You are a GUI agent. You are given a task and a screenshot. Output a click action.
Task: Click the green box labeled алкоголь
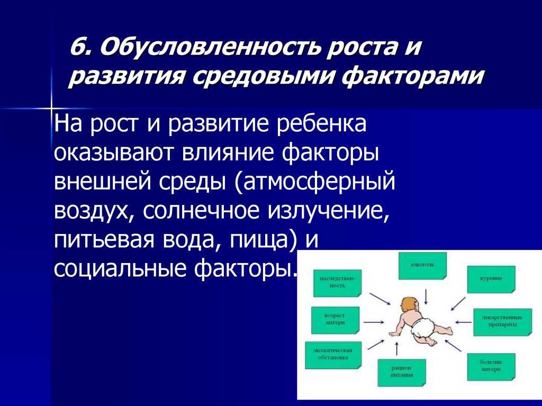coord(422,265)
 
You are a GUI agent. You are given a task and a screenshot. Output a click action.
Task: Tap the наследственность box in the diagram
coord(337,281)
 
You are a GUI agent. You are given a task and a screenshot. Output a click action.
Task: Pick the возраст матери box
coord(335,319)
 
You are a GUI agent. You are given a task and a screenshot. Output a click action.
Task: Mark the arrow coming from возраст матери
coord(374,321)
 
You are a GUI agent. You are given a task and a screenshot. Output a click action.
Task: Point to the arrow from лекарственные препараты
coord(463,321)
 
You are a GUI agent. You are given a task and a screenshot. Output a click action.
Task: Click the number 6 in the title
coord(78,51)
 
